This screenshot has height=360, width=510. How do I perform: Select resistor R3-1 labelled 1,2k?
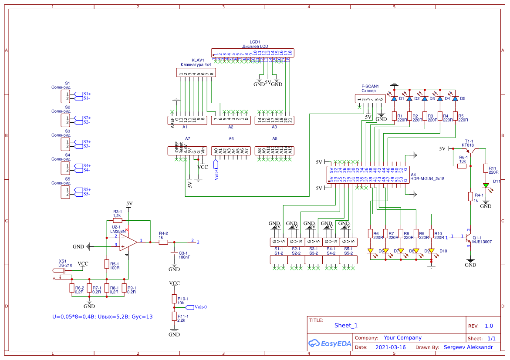pyautogui.click(x=118, y=221)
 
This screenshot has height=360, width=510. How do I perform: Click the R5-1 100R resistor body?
pyautogui.click(x=107, y=264)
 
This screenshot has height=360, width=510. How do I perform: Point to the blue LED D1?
pyautogui.click(x=394, y=99)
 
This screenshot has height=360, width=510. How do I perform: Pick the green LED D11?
pyautogui.click(x=486, y=185)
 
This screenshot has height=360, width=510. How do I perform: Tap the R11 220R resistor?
pyautogui.click(x=486, y=168)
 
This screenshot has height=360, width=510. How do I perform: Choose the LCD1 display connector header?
pyautogui.click(x=253, y=53)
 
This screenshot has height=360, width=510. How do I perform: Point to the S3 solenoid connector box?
pyautogui.click(x=65, y=144)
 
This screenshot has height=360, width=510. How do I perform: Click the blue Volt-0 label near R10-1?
pyautogui.click(x=200, y=307)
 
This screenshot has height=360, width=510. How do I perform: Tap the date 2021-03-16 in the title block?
pyautogui.click(x=390, y=347)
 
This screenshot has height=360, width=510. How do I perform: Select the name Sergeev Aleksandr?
pyautogui.click(x=468, y=347)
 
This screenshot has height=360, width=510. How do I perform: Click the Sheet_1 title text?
pyautogui.click(x=346, y=325)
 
